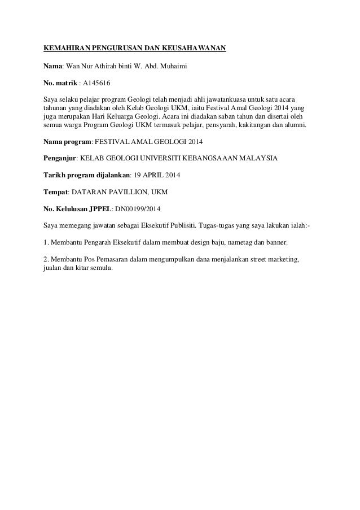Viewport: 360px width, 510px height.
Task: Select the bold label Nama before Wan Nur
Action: tap(52, 66)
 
